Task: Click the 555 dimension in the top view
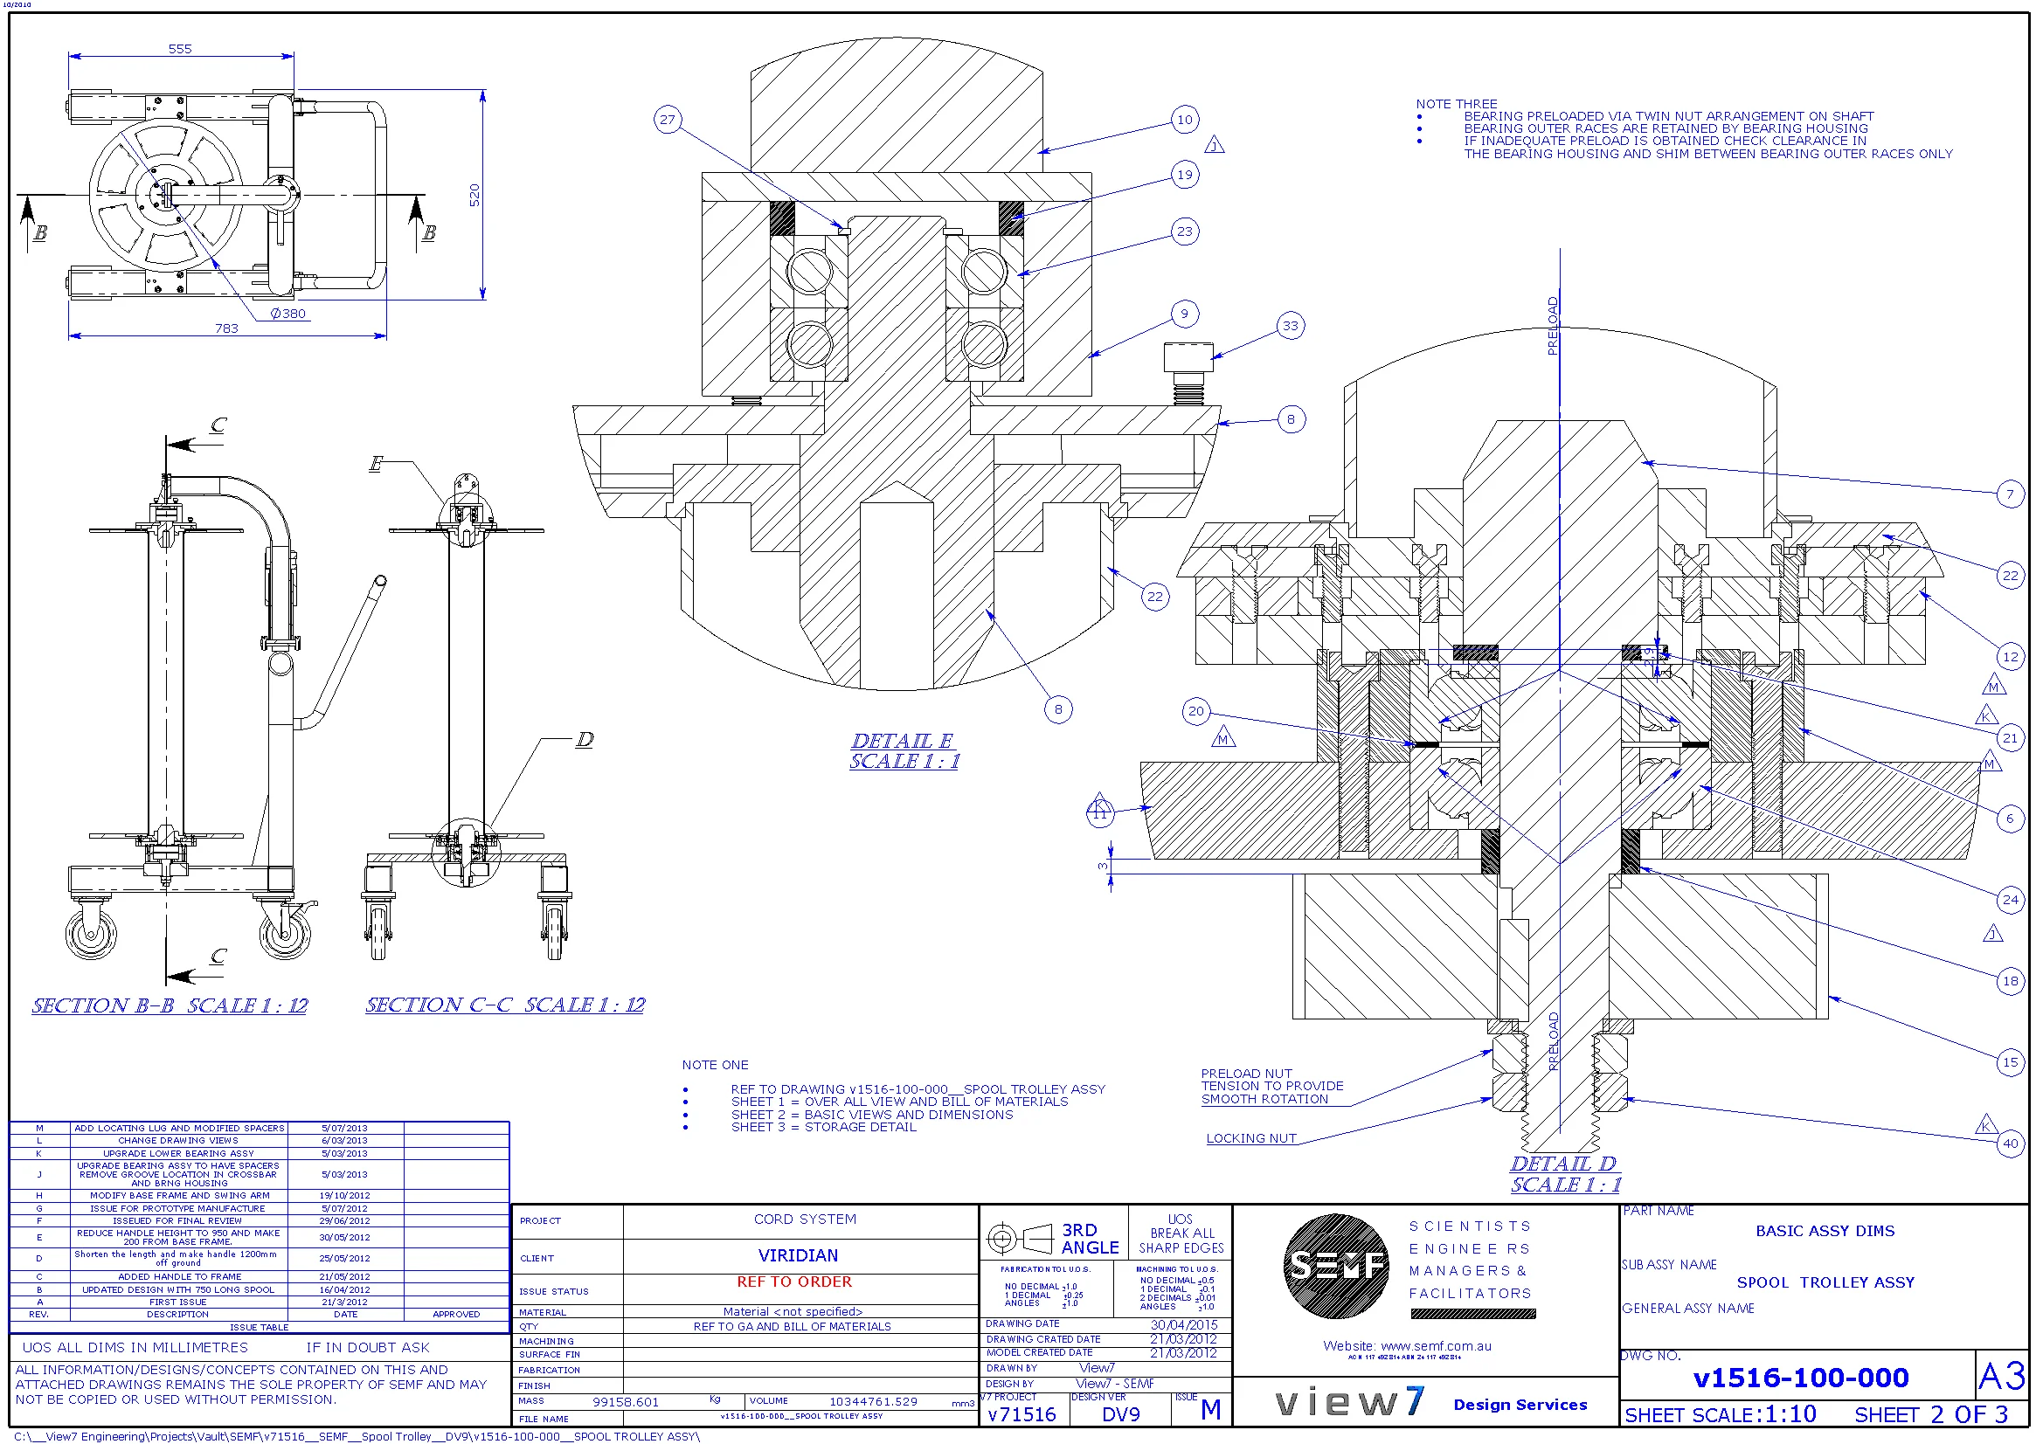(180, 49)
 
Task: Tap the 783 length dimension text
(226, 328)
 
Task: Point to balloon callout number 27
(668, 119)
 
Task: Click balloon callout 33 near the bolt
(1290, 326)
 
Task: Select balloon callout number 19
(1184, 175)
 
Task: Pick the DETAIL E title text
(902, 740)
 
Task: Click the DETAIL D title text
(1562, 1163)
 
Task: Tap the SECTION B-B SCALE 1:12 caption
(169, 1005)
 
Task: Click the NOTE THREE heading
(1456, 104)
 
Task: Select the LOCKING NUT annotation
(1250, 1138)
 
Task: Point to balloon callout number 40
(2010, 1143)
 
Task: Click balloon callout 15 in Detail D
(2010, 1061)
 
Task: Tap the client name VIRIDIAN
(797, 1255)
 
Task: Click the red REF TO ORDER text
(793, 1282)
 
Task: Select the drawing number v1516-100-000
(1800, 1378)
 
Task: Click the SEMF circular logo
(1335, 1265)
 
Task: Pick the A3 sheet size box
(2001, 1377)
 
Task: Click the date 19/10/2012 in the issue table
(344, 1196)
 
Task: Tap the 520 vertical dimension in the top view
(474, 195)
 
